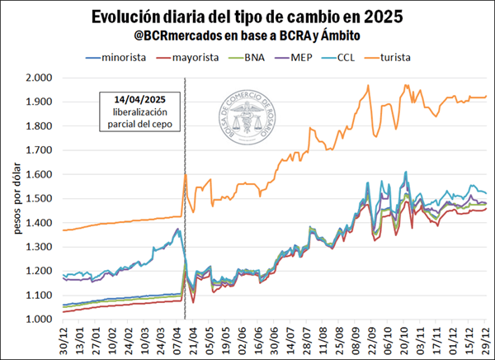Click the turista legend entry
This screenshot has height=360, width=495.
[x=417, y=57]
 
